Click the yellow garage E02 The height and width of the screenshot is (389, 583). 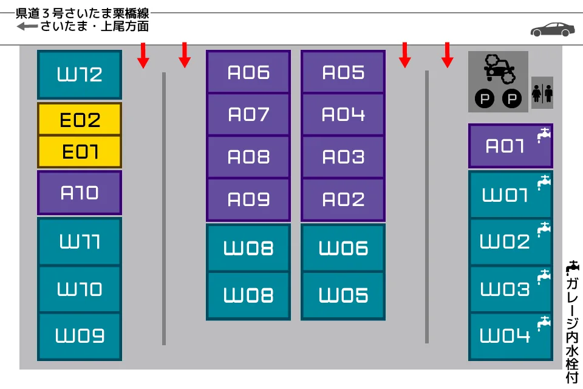tap(80, 119)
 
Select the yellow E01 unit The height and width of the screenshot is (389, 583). tap(80, 151)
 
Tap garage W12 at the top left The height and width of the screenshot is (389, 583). tap(80, 74)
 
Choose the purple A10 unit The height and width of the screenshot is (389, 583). tap(80, 193)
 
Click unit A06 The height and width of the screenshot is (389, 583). tap(248, 72)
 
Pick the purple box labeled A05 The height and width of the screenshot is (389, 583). tap(343, 72)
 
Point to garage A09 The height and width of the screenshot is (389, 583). tap(248, 200)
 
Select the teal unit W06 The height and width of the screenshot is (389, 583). tap(343, 247)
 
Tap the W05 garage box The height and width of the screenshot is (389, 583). tap(343, 295)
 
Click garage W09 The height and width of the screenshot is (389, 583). tap(80, 336)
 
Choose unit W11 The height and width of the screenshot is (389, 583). tap(80, 241)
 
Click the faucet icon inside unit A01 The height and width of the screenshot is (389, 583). tap(544, 134)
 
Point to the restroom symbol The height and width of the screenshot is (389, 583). tap(542, 92)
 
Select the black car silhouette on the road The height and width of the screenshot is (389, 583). tap(553, 29)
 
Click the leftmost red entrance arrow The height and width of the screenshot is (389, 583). tap(143, 55)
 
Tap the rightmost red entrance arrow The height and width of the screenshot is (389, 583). tap(448, 55)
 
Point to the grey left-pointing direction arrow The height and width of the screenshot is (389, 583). tap(27, 26)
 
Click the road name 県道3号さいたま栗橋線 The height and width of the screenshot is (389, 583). tap(82, 13)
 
